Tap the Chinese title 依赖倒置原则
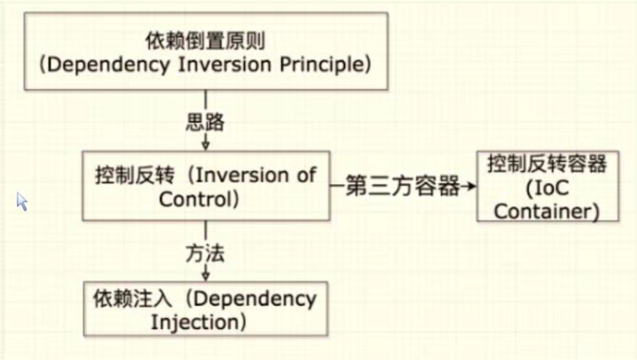[205, 42]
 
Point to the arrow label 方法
[205, 254]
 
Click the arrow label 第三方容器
[402, 186]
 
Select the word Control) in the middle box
[199, 199]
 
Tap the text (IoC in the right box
[548, 190]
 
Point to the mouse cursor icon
[21, 202]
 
